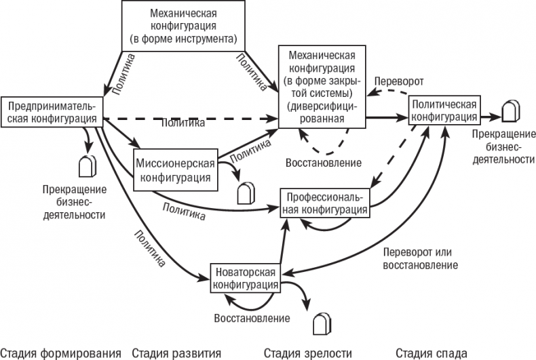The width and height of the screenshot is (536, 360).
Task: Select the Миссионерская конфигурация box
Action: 175,170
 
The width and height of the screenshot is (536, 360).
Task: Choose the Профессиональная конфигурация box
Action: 325,203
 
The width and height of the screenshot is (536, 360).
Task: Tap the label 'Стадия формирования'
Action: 61,353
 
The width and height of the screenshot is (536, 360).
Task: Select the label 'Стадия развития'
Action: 176,353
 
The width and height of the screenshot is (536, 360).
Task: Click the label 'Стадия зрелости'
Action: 308,353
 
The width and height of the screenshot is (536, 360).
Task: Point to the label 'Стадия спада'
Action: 432,353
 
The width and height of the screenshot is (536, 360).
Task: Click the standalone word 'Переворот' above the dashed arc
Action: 399,81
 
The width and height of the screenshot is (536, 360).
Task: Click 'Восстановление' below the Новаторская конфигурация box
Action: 252,317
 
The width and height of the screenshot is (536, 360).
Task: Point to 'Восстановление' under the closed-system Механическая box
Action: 324,163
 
